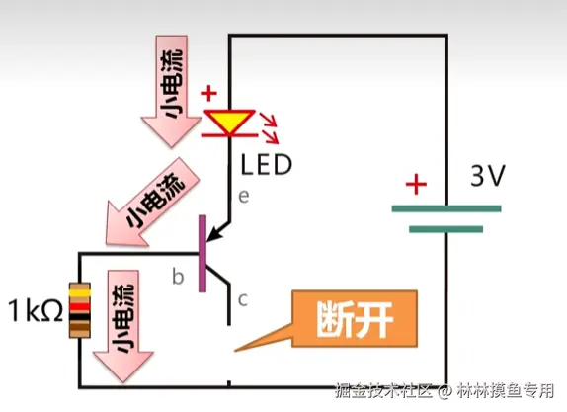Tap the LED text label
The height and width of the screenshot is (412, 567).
[x=266, y=165]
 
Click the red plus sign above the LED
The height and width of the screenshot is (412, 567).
[x=209, y=93]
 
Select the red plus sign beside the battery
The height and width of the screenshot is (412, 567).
[x=416, y=184]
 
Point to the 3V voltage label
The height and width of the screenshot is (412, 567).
[x=487, y=176]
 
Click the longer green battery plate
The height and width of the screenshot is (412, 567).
[x=446, y=208]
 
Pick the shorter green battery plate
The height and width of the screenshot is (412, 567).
[x=445, y=229]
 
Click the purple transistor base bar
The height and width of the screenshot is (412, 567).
[x=202, y=254]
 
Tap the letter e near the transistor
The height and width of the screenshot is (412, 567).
[x=244, y=196]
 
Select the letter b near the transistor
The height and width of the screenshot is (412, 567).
[x=178, y=277]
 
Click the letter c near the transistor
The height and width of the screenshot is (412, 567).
[x=243, y=300]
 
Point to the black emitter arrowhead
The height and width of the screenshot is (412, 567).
[x=213, y=234]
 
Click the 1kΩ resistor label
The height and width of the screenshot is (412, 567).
[x=36, y=310]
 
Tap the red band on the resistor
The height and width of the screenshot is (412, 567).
[x=80, y=307]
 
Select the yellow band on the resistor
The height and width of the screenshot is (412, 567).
[x=80, y=293]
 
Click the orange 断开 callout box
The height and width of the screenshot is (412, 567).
[x=355, y=319]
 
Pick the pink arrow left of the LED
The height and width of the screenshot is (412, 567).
[x=171, y=91]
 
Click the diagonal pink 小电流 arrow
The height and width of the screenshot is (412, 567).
[x=152, y=204]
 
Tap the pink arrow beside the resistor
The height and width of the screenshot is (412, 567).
[x=123, y=325]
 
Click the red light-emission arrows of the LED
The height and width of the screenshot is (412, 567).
[x=270, y=128]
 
